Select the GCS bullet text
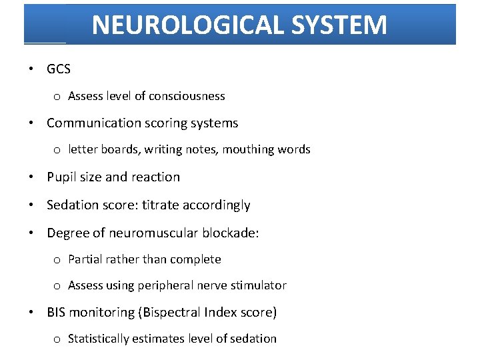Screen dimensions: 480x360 (x=59, y=69)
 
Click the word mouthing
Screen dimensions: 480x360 (x=245, y=150)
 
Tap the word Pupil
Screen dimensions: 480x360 (x=61, y=177)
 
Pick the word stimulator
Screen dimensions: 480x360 (x=259, y=285)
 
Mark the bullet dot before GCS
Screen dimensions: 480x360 (x=31, y=69)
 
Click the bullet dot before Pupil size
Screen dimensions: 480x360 (x=31, y=178)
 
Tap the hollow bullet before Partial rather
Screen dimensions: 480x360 (x=57, y=260)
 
